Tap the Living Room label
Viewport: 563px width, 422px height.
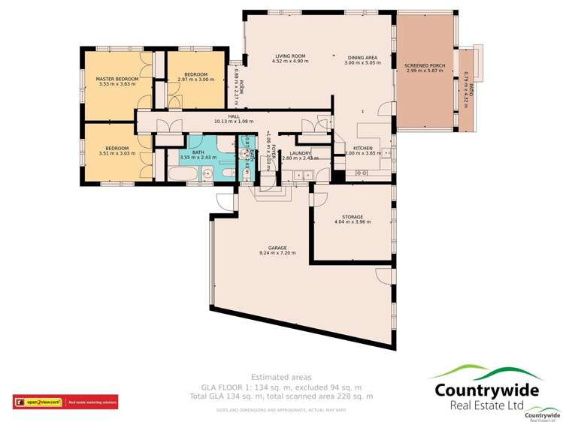coord(289,56)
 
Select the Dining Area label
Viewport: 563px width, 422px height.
coord(362,56)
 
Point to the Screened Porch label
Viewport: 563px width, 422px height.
coord(425,66)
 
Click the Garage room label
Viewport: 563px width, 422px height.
coord(278,247)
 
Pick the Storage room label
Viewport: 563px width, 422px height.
coord(353,217)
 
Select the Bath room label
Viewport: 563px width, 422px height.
coord(198,152)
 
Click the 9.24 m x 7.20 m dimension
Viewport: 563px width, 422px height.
coord(278,253)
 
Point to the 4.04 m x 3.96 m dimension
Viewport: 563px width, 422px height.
coord(353,223)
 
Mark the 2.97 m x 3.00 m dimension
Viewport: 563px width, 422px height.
coord(196,79)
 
